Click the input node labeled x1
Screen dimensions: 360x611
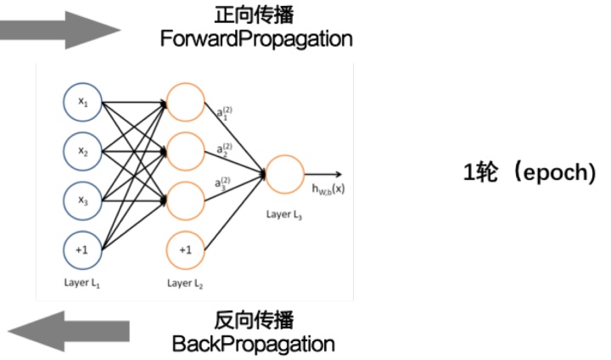[x=83, y=102]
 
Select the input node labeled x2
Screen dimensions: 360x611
[x=83, y=151]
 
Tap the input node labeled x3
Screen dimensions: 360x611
[x=83, y=200]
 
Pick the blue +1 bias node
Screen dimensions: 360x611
[x=83, y=250]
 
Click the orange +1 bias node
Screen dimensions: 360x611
[x=186, y=250]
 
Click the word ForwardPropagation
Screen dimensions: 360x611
[x=256, y=40]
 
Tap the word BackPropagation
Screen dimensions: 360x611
[x=253, y=344]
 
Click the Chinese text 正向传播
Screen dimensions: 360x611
[x=256, y=16]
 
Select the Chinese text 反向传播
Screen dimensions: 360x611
[x=253, y=321]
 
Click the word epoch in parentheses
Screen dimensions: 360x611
[x=554, y=172]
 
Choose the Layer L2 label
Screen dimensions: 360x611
[x=186, y=282]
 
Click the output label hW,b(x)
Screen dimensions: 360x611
[x=327, y=188]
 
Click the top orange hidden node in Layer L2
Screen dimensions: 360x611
[x=186, y=102]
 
